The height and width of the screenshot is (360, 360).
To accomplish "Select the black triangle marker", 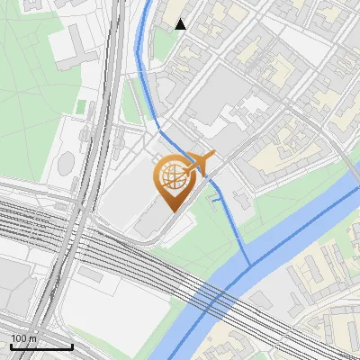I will click(x=181, y=24).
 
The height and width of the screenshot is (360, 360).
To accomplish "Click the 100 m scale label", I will click(x=24, y=338).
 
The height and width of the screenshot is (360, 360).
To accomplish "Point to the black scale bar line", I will click(x=41, y=346).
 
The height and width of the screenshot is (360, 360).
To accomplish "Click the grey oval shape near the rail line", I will click(x=67, y=164).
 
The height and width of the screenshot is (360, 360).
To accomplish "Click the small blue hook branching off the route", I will click(x=213, y=201).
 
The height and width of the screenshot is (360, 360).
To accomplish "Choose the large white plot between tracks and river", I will click(x=126, y=306).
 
